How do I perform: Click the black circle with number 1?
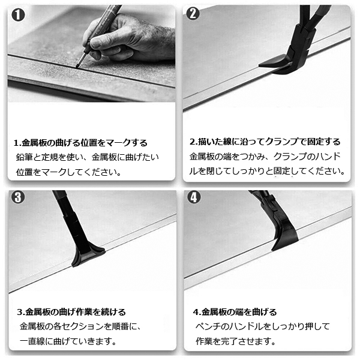coord(18,15)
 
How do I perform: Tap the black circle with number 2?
coord(193,14)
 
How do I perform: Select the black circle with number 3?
coord(18,197)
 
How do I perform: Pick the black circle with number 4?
coord(194,197)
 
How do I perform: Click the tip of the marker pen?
coord(77,67)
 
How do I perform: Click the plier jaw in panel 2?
coord(275,65)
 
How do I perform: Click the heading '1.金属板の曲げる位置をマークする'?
coord(80,143)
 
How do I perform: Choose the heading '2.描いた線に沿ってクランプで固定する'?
coord(265,142)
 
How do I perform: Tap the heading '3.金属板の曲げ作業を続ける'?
coord(71,312)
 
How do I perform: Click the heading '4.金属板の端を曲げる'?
coord(235,312)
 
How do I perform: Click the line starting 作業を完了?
coord(236,341)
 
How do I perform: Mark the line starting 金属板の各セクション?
coord(80,326)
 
